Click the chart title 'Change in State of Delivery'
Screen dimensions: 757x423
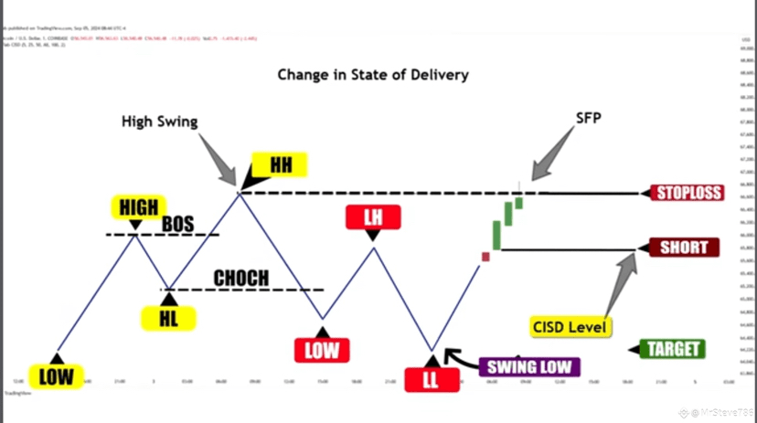tap(373, 74)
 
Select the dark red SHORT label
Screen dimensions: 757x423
tap(684, 249)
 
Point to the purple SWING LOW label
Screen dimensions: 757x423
tap(530, 367)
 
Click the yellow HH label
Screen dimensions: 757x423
tap(281, 165)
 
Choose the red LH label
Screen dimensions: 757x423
tap(371, 217)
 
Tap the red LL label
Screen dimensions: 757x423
tap(431, 378)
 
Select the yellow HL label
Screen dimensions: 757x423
tap(168, 318)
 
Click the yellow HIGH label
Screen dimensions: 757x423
tap(138, 206)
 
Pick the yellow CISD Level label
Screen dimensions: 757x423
tap(571, 326)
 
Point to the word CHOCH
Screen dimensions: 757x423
tap(241, 277)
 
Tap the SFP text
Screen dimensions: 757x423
tap(589, 118)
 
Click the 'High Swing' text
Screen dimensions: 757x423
tap(160, 122)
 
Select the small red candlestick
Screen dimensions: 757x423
tap(485, 257)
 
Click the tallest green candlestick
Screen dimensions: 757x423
tap(496, 236)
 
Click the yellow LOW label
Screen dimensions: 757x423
tap(56, 375)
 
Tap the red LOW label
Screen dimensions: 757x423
tap(320, 349)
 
